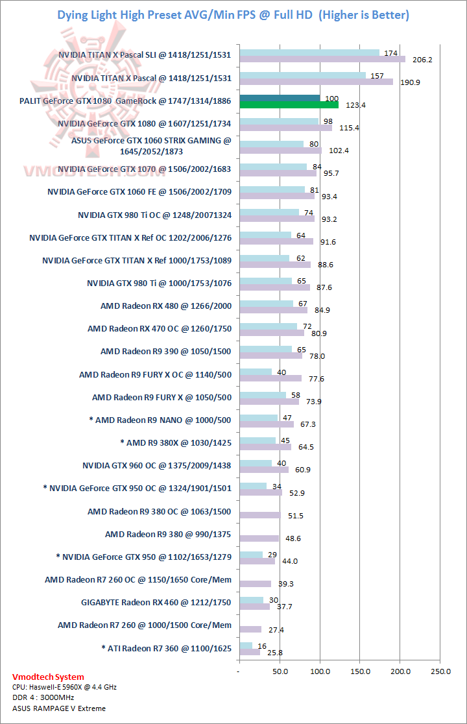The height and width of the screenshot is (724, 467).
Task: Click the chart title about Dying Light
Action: click(x=233, y=15)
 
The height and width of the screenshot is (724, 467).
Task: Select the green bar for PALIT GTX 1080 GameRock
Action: click(x=289, y=104)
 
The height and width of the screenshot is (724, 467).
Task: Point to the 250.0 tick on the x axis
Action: click(x=440, y=671)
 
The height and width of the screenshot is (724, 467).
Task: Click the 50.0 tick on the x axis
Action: click(x=280, y=671)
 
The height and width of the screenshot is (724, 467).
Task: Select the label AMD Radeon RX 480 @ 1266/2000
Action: click(x=166, y=306)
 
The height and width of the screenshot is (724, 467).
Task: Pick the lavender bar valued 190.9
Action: click(x=316, y=82)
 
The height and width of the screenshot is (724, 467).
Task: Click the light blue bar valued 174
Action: click(x=309, y=53)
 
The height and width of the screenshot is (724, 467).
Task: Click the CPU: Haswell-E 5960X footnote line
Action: click(x=64, y=686)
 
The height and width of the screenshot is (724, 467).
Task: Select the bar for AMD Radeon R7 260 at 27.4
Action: click(x=250, y=629)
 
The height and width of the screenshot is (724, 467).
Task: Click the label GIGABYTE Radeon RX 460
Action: click(x=156, y=603)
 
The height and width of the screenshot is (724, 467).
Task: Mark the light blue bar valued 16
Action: click(x=246, y=645)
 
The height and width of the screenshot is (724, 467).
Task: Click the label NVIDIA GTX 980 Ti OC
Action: click(x=154, y=214)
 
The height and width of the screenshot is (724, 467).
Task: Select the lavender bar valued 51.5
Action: click(x=260, y=515)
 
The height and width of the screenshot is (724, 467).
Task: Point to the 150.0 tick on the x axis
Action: click(x=360, y=671)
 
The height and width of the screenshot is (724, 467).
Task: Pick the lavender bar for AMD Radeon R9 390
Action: click(x=270, y=356)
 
